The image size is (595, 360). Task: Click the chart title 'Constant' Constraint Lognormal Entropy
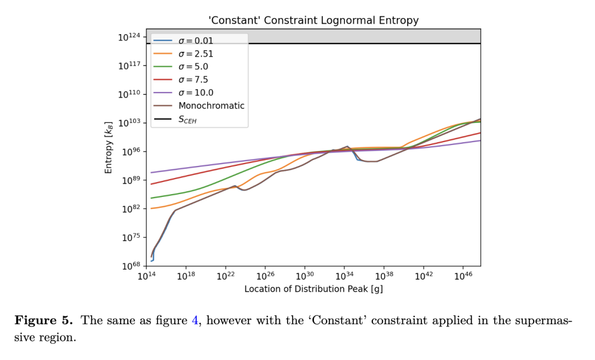coord(313,20)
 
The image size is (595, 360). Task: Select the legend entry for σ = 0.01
coord(195,41)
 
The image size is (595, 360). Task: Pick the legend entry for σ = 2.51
coord(195,53)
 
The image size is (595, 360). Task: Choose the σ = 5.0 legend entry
coord(193,67)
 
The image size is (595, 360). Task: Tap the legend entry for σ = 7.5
coord(193,79)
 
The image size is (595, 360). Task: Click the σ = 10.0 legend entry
coord(195,93)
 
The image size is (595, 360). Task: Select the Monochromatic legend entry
coord(211,105)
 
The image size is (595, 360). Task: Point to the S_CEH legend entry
coord(187,119)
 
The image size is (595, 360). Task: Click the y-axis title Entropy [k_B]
coord(109,147)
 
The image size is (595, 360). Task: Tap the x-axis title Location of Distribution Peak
coord(313,289)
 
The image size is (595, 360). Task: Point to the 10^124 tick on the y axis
coord(129,37)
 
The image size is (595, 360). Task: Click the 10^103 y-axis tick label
coord(129,123)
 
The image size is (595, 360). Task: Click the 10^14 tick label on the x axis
coord(146,276)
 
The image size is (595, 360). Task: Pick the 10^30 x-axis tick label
coord(305,276)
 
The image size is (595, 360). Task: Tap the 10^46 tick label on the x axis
coord(463,276)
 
